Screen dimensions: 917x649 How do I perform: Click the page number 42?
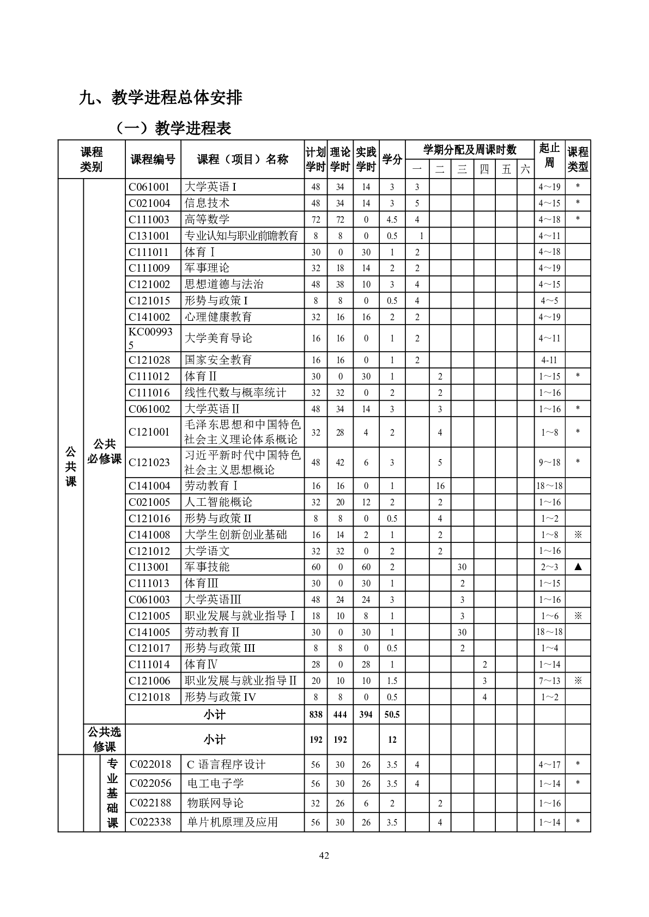(324, 855)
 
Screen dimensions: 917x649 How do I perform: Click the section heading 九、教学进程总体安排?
(161, 98)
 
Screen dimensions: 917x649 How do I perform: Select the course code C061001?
(149, 187)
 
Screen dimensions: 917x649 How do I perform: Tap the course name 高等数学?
(207, 219)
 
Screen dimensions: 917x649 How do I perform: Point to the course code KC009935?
(150, 338)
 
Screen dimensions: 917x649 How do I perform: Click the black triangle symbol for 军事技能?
(578, 567)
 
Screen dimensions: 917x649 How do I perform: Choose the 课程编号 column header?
(153, 160)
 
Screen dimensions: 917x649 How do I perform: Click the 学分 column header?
(392, 160)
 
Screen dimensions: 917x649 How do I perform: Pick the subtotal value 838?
(316, 714)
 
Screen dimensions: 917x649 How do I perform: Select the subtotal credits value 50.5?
(392, 714)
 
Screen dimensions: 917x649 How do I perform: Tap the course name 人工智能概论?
(219, 502)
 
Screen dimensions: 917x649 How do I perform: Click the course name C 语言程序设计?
(226, 765)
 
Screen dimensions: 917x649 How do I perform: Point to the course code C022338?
(150, 822)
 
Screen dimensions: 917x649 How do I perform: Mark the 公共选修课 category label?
(104, 739)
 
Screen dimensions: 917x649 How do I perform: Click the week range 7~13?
(549, 681)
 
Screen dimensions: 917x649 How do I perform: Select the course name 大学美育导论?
(219, 338)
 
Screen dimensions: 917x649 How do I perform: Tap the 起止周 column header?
(549, 155)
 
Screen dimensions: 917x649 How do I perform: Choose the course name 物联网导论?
(215, 803)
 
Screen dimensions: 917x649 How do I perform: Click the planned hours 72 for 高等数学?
(316, 219)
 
